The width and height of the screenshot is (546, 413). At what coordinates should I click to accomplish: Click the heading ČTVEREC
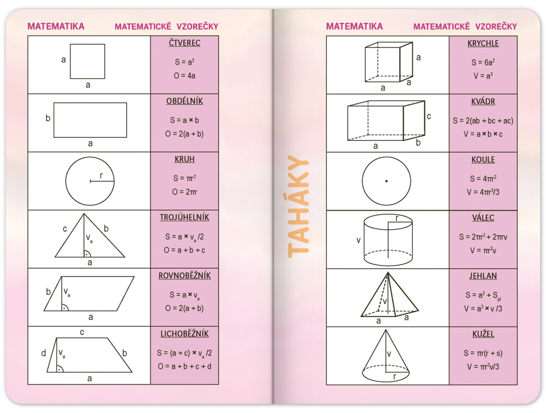[184, 43]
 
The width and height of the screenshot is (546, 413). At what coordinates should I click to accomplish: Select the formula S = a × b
[184, 120]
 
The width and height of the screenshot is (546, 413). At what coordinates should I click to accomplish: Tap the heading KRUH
[184, 159]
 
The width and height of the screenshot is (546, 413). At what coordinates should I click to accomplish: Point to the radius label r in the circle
[101, 176]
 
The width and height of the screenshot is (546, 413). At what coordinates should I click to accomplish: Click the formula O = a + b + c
[184, 250]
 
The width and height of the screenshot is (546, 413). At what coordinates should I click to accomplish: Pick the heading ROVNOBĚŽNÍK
[184, 276]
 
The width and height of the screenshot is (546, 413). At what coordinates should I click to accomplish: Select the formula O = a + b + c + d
[184, 366]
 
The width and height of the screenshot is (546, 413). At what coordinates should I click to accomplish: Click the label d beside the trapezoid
[44, 353]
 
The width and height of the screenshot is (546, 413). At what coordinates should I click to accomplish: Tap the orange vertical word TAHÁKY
[299, 206]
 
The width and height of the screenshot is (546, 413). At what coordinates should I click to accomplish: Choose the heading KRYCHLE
[483, 44]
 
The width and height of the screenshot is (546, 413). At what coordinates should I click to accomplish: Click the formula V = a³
[483, 76]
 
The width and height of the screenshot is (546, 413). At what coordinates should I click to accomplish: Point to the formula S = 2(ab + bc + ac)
[483, 121]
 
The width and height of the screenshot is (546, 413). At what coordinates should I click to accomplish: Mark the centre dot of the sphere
[387, 181]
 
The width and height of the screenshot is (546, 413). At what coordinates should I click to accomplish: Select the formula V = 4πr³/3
[483, 192]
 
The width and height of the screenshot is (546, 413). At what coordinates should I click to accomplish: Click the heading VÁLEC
[483, 218]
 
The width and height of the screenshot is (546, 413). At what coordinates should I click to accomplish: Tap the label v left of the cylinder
[358, 240]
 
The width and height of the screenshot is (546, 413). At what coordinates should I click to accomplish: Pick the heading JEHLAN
[483, 276]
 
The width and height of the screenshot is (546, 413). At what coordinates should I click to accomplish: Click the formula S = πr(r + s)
[483, 353]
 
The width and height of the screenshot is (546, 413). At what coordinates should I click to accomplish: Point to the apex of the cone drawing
[386, 330]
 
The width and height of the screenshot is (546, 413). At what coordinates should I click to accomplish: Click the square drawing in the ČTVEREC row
[87, 61]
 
